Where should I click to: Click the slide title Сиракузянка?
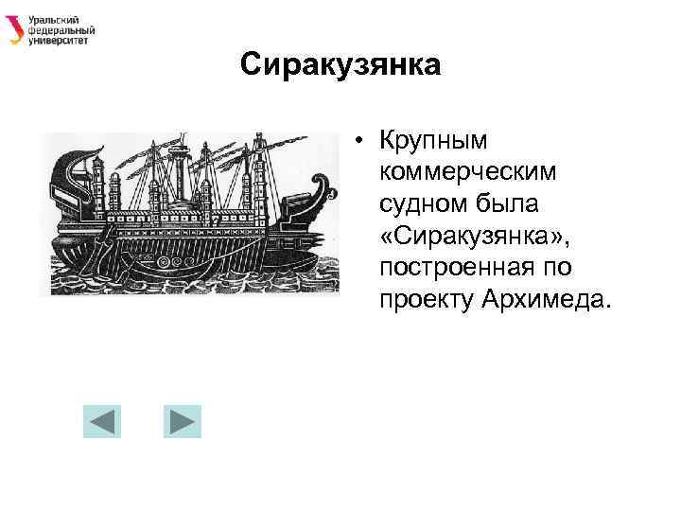(x=340, y=65)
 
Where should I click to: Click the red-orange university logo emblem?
(x=15, y=30)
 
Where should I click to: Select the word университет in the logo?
(x=59, y=41)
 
